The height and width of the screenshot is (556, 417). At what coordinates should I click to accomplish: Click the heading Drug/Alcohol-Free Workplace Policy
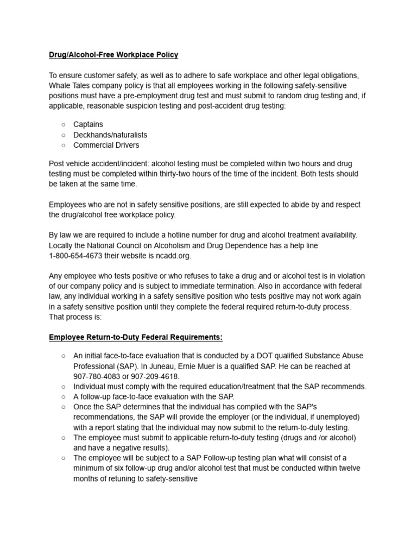tap(113, 55)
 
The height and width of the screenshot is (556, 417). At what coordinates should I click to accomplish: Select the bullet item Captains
tap(88, 124)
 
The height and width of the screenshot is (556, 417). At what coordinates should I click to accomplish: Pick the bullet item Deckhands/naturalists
tap(110, 135)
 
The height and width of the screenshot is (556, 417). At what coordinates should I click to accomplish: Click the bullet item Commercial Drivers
tap(106, 145)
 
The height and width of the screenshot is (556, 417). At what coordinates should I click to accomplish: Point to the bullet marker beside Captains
tap(63, 124)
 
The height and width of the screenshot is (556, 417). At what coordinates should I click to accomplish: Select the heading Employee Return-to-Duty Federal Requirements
tap(136, 337)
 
